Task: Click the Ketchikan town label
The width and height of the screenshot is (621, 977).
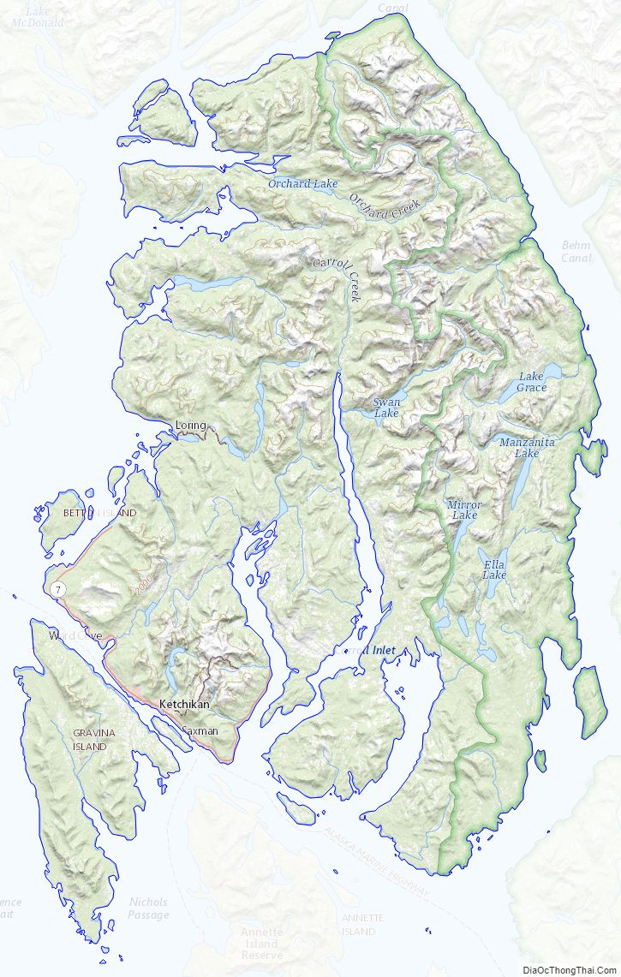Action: point(184,704)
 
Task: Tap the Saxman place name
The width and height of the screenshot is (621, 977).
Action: point(200,731)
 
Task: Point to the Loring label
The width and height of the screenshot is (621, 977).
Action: point(191,425)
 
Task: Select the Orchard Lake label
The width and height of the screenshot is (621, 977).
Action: point(302,183)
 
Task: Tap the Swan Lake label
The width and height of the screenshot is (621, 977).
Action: point(386,408)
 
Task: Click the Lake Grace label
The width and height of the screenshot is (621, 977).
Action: point(532,382)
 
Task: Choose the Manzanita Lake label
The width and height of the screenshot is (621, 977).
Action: point(527,447)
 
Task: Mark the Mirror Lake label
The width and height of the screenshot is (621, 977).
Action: point(463,510)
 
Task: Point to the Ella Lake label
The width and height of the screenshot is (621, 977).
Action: point(494,569)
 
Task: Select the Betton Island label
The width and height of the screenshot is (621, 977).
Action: point(99,513)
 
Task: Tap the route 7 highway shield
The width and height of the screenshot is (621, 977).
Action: point(57,589)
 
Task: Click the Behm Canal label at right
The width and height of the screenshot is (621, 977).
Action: point(576,251)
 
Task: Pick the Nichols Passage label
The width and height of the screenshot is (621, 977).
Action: point(148,908)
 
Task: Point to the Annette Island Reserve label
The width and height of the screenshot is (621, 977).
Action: point(261,943)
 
